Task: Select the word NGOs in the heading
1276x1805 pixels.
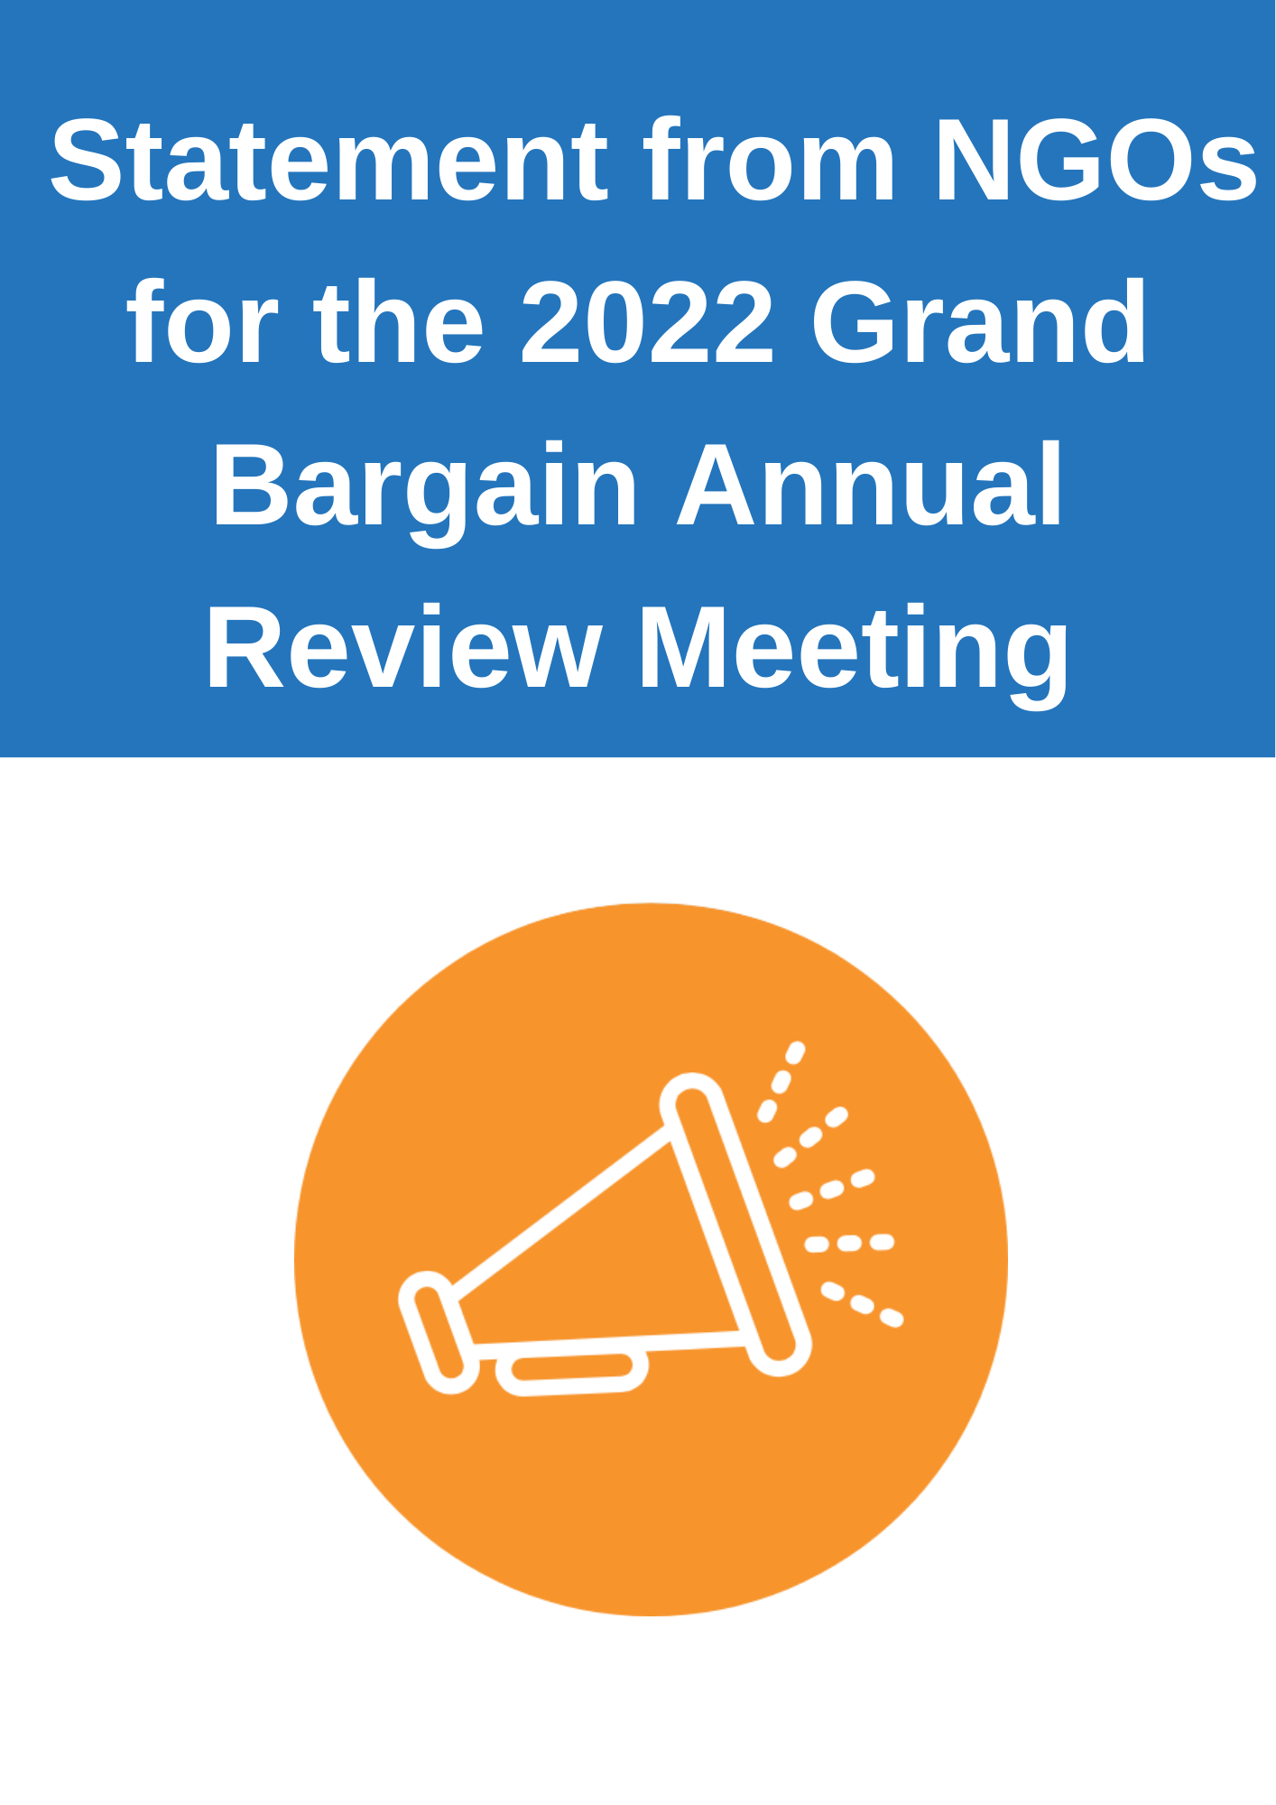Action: [1095, 161]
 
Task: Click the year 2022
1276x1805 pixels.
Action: [647, 322]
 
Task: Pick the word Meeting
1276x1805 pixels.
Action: [854, 652]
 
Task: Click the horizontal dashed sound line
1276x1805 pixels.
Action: [849, 1244]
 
